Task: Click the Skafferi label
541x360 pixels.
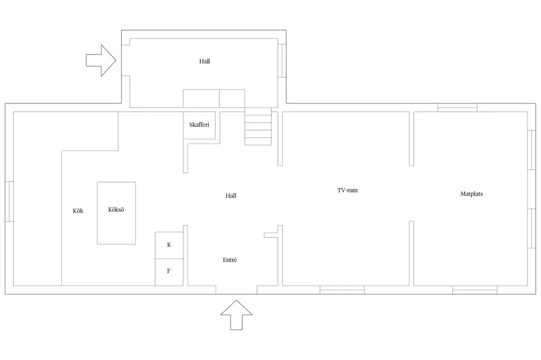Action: pos(199,125)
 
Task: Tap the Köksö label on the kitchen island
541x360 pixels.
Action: pos(116,210)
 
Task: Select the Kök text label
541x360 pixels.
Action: pos(78,211)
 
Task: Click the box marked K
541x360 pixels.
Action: pos(169,245)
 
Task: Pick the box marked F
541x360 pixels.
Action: pos(169,272)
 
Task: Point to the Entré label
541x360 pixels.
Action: pos(230,260)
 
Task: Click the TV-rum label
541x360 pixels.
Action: pos(348,190)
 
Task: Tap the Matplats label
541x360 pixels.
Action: pos(472,194)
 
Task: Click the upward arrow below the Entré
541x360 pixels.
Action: pos(236,315)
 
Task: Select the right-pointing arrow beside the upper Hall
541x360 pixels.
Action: pos(101,60)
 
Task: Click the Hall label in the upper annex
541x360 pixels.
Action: pos(204,61)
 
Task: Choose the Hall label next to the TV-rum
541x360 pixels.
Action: pos(231,196)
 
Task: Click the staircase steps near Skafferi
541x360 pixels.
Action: pos(258,126)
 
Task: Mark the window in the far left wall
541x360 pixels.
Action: pos(10,202)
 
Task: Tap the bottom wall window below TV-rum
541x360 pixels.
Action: pos(342,290)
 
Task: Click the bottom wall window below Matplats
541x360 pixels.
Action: pos(475,290)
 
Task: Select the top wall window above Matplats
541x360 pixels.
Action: pos(458,108)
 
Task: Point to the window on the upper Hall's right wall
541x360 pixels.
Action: pos(282,61)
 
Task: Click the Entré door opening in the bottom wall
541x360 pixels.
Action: pos(236,290)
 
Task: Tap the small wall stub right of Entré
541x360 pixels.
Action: pos(271,235)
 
